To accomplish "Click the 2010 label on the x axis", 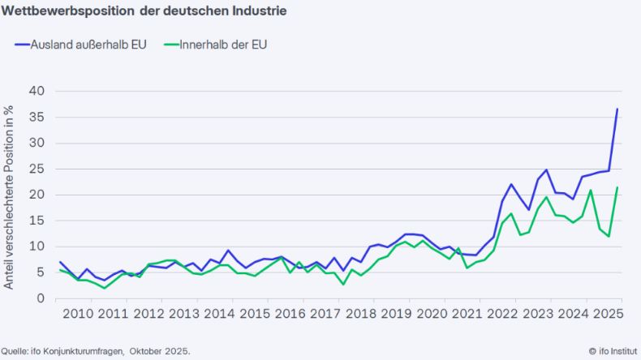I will [x=78, y=314].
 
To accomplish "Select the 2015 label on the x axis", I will [x=256, y=314].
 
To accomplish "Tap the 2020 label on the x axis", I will [x=433, y=314].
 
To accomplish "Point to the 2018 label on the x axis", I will [x=362, y=314].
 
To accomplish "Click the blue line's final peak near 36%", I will [x=617, y=109].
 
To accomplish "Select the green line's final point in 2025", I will [x=617, y=187].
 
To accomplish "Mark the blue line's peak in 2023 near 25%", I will [x=547, y=170].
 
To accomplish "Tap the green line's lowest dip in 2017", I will [x=344, y=284].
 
